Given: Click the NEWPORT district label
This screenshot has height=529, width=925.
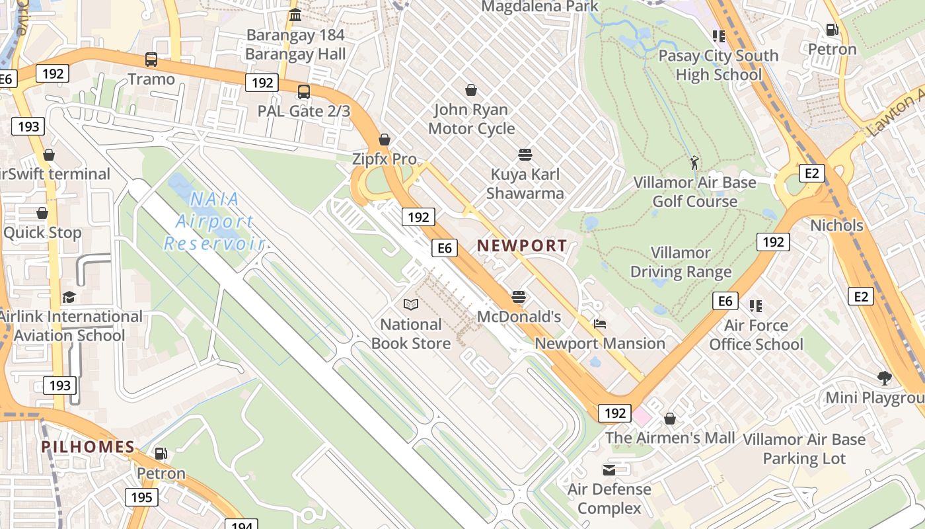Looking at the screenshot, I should coord(522,245).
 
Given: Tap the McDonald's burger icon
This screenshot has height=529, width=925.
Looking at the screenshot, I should coord(519,297).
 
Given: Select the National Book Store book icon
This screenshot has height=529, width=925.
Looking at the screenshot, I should coord(411,304).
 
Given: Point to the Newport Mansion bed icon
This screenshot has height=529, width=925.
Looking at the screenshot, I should coord(600,324).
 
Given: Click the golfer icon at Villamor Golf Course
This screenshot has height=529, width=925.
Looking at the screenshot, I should coord(694,162).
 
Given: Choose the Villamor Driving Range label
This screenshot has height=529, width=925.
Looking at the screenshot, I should coord(681,262).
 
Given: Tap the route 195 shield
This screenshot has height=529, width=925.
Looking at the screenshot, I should coord(141,497).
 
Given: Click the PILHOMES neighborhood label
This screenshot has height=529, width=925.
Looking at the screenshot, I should coord(88,447).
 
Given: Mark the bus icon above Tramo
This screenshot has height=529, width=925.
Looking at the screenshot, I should coord(151,60).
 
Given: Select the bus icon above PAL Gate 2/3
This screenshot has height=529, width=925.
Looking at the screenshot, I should coord(304,92).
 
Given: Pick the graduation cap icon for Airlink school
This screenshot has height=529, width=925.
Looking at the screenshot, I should coord(69,297).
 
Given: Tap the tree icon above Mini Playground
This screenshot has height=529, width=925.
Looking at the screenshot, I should coord(885,378).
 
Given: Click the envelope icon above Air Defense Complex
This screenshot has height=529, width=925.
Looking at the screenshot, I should coord(609,470).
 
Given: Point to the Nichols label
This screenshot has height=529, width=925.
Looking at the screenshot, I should coord(836,225).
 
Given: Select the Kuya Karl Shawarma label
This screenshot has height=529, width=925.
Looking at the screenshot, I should coord(525,184).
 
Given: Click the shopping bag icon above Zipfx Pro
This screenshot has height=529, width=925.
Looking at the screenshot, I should coord(385,140).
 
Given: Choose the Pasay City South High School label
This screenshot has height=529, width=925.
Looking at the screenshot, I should coord(718,65).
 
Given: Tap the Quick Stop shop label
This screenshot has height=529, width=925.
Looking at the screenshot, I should coord(42,233).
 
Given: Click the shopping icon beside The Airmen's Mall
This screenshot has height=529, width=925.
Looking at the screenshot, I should coord(670,419).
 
